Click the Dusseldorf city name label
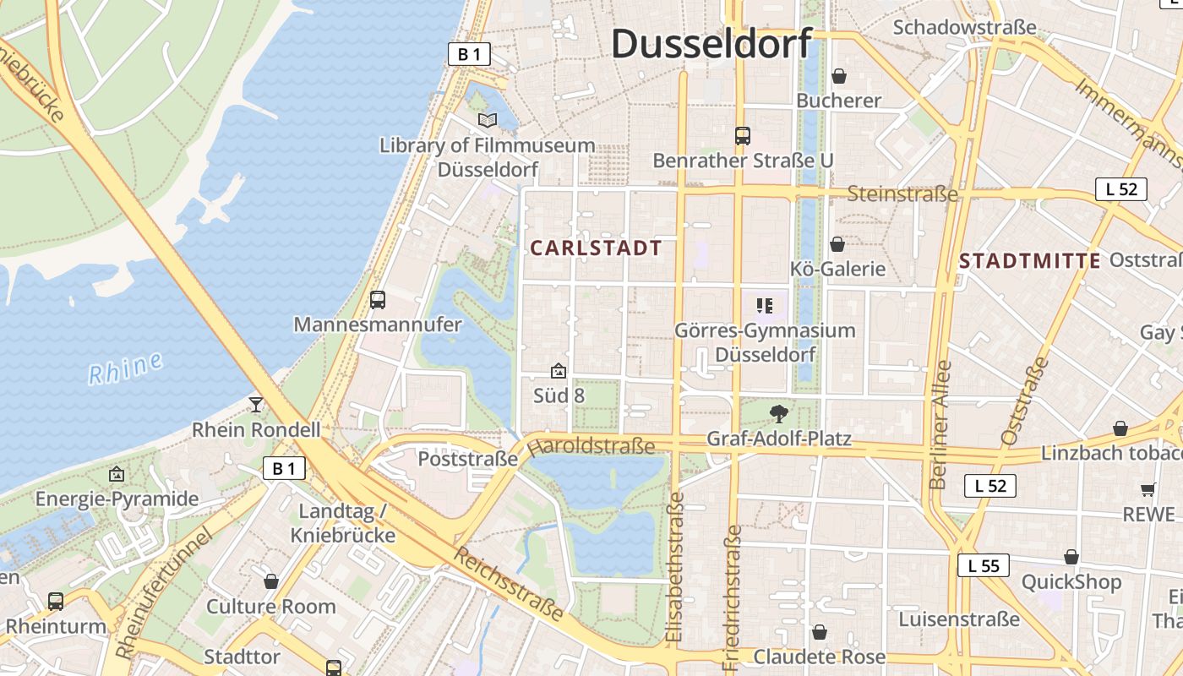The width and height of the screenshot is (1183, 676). coord(711,44)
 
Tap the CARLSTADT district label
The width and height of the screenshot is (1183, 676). coord(596,248)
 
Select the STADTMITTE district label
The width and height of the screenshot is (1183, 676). coord(1030,260)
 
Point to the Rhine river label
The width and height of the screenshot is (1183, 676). coord(125,368)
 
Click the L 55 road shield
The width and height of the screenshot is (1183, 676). coord(984,564)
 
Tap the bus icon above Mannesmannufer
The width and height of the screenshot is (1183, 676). coord(378,299)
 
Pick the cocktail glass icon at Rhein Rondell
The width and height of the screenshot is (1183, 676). coord(256,405)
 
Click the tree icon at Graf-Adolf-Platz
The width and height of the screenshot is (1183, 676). coord(779,413)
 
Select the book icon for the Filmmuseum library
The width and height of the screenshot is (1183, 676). coord(487,121)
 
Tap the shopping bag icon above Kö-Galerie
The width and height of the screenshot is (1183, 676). coord(837,244)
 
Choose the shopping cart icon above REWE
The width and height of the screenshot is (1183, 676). coord(1148,489)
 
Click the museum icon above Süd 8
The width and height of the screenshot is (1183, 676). coord(558,370)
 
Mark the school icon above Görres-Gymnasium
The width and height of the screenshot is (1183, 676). coord(765,305)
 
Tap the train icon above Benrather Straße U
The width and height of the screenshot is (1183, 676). coord(743,135)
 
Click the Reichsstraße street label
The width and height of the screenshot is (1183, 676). coord(508,584)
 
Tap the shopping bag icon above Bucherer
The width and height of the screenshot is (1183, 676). coord(839,76)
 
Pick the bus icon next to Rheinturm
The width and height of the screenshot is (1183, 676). coord(56,601)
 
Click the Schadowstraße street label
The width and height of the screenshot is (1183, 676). coord(964,28)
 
